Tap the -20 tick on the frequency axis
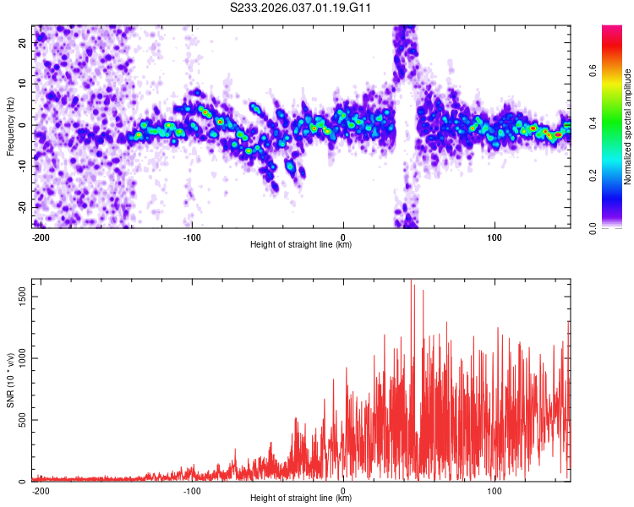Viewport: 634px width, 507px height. [21, 207]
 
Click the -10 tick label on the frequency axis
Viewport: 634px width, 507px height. [21, 166]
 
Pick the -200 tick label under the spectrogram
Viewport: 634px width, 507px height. [41, 237]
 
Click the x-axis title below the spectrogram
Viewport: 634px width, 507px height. [301, 245]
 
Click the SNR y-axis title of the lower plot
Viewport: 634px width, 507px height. [10, 380]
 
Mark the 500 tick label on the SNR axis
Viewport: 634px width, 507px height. [21, 420]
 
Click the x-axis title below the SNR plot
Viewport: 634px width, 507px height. [301, 499]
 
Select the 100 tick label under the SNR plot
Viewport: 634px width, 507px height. [495, 490]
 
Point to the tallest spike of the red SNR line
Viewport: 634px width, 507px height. [412, 281]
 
